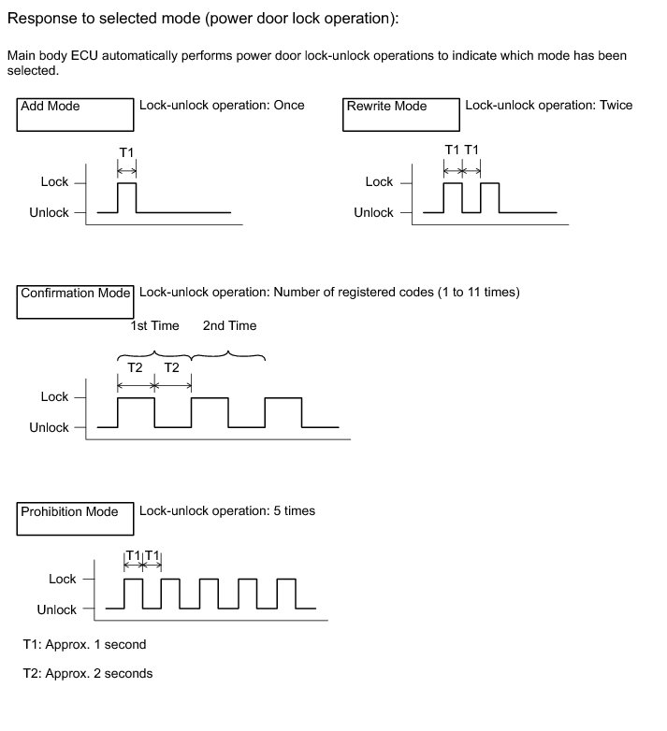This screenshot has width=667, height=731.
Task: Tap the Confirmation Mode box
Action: [76, 301]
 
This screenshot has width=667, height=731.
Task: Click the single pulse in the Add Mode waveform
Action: [126, 197]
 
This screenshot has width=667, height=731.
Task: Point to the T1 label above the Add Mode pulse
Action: [126, 150]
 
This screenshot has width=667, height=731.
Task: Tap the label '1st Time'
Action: [154, 325]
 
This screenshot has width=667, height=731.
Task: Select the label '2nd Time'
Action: [229, 325]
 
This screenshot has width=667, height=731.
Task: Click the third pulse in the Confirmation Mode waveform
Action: [283, 412]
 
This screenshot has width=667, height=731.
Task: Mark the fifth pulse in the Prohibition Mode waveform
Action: [287, 594]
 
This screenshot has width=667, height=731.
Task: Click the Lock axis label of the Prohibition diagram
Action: [63, 579]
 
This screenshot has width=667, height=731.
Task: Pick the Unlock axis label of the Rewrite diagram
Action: [373, 212]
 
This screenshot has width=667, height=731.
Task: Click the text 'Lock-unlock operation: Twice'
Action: [548, 105]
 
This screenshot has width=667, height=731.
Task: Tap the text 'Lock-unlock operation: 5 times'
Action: [227, 510]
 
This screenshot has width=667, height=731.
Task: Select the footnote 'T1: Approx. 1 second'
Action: [84, 644]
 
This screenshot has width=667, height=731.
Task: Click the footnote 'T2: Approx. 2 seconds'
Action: [87, 673]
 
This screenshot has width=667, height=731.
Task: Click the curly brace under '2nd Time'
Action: [228, 356]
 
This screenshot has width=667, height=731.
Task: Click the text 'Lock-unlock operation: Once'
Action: [222, 105]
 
